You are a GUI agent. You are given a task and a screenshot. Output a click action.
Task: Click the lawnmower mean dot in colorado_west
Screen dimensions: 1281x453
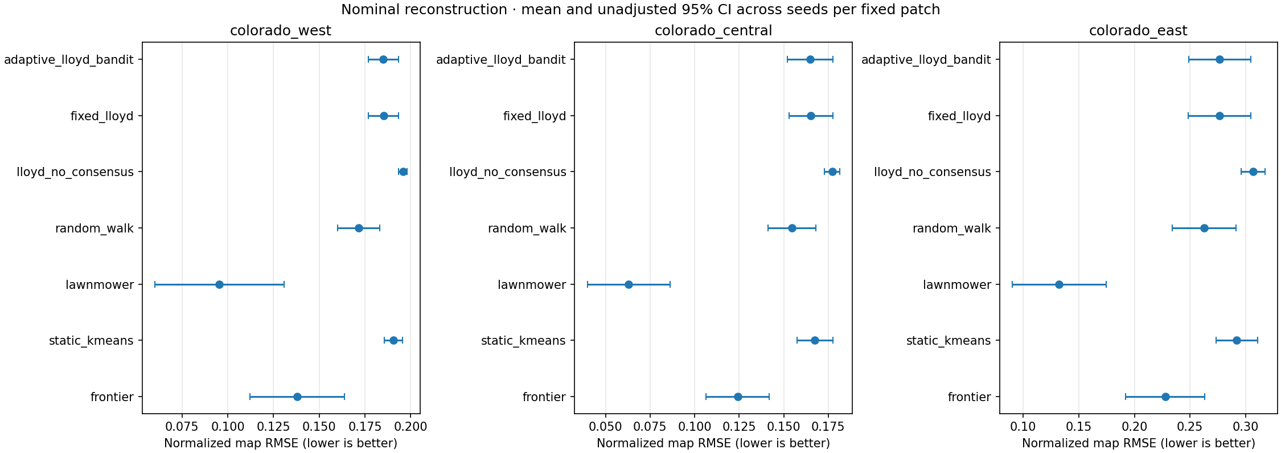(x=219, y=284)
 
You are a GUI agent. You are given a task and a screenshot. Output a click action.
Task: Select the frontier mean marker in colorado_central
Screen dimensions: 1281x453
(x=738, y=397)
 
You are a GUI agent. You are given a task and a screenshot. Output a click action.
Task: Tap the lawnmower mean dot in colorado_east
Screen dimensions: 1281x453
(x=1059, y=284)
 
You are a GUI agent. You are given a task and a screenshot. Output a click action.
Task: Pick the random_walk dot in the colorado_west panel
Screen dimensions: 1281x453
(x=359, y=228)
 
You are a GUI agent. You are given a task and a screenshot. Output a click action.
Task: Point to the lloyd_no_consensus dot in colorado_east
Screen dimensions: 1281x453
(x=1253, y=172)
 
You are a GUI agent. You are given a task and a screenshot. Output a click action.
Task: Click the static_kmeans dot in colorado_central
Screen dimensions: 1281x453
(x=815, y=340)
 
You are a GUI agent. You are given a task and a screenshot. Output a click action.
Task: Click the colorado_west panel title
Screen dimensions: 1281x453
(x=281, y=31)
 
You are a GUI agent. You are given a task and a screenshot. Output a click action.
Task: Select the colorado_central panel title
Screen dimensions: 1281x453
(x=713, y=31)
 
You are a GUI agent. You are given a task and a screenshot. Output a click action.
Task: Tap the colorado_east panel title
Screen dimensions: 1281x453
(x=1138, y=31)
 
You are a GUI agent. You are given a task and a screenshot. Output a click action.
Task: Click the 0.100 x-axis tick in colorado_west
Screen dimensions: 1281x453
(x=228, y=427)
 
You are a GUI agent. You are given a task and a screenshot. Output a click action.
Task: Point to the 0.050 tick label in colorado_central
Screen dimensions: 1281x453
(x=606, y=427)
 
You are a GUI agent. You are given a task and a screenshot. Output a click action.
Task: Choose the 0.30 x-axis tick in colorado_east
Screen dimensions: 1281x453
(x=1246, y=427)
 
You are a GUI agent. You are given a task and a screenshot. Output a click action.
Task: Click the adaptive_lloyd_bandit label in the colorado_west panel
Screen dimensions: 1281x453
(x=69, y=60)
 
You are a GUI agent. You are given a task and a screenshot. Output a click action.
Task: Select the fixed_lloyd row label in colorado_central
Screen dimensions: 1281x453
(x=535, y=116)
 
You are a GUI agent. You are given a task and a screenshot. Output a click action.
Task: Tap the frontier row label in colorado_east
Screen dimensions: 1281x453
(x=970, y=397)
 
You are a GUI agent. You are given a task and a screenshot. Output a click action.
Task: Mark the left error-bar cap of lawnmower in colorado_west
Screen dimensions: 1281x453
(x=155, y=284)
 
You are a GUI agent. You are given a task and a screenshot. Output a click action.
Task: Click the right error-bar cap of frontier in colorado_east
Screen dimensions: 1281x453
(x=1205, y=397)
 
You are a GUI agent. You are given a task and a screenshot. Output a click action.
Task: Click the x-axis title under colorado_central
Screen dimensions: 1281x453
(x=713, y=443)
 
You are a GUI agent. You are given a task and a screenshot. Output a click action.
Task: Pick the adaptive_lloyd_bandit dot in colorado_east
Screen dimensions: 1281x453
(x=1220, y=59)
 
